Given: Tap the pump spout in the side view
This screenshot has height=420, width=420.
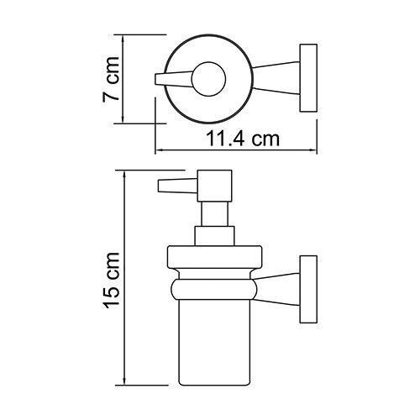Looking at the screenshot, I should coord(173,186).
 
